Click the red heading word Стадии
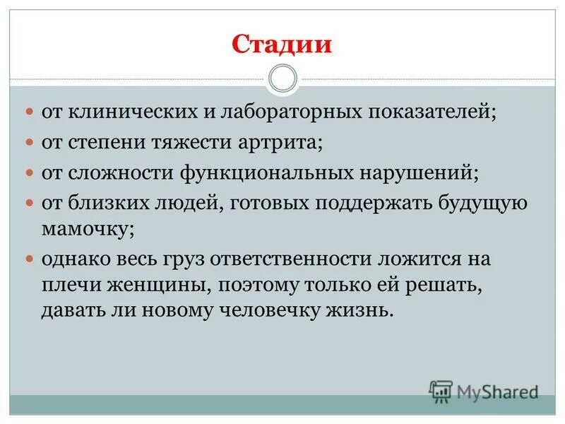click(282, 45)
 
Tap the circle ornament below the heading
click(283, 78)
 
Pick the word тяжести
click(185, 143)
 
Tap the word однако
click(76, 259)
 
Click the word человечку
click(282, 311)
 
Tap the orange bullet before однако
click(30, 259)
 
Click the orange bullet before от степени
click(30, 143)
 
